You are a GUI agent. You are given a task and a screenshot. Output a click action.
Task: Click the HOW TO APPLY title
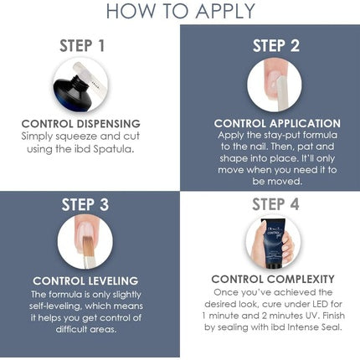point(181,11)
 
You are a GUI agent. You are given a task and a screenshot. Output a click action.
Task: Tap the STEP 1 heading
point(82,46)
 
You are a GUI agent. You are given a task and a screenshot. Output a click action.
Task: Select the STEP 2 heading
point(276,46)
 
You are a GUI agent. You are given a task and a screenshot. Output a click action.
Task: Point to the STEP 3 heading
point(85,204)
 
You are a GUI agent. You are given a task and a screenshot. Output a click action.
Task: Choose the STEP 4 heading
point(275,204)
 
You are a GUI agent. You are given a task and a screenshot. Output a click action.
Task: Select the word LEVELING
point(113,280)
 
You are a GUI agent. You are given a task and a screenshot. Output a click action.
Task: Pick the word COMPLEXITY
point(301,279)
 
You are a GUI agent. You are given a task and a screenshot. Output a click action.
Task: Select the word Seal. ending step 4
point(332,327)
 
